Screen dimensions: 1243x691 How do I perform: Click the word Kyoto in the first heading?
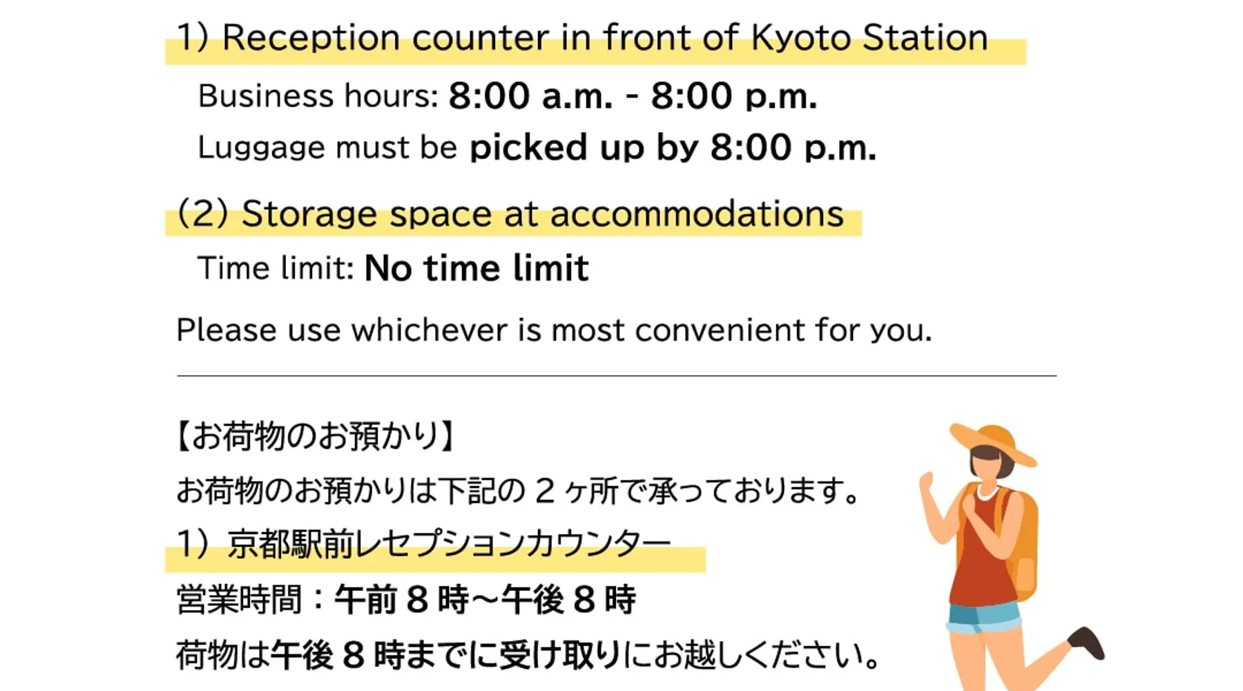pyautogui.click(x=800, y=37)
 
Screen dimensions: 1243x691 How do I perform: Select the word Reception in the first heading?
pyautogui.click(x=311, y=38)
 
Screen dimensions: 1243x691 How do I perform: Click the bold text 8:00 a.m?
pyautogui.click(x=530, y=95)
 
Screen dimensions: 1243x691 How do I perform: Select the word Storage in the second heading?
pyautogui.click(x=309, y=214)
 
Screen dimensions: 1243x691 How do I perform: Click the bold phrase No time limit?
pyautogui.click(x=476, y=267)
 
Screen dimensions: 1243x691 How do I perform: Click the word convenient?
pyautogui.click(x=720, y=330)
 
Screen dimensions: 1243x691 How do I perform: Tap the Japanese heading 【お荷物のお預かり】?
pyautogui.click(x=315, y=436)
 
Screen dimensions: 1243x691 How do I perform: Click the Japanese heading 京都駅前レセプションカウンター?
pyautogui.click(x=449, y=544)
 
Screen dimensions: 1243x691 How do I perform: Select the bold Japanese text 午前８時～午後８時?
pyautogui.click(x=485, y=599)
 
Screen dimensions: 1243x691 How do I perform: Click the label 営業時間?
pyautogui.click(x=239, y=599)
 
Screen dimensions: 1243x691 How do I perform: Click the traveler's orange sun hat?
pyautogui.click(x=993, y=442)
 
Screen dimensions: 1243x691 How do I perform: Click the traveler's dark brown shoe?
pyautogui.click(x=1088, y=642)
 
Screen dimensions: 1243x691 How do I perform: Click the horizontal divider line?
pyautogui.click(x=617, y=376)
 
